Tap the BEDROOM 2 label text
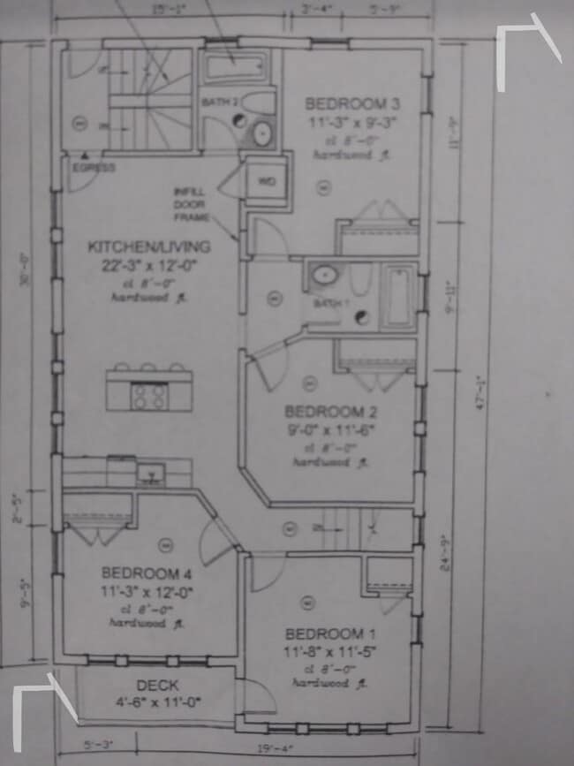[x=324, y=412]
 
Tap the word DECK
[x=158, y=685]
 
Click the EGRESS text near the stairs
[x=94, y=167]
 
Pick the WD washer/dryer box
[x=266, y=182]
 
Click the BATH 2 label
[x=220, y=102]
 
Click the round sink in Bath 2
[x=262, y=133]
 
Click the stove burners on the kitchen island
[x=148, y=398]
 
